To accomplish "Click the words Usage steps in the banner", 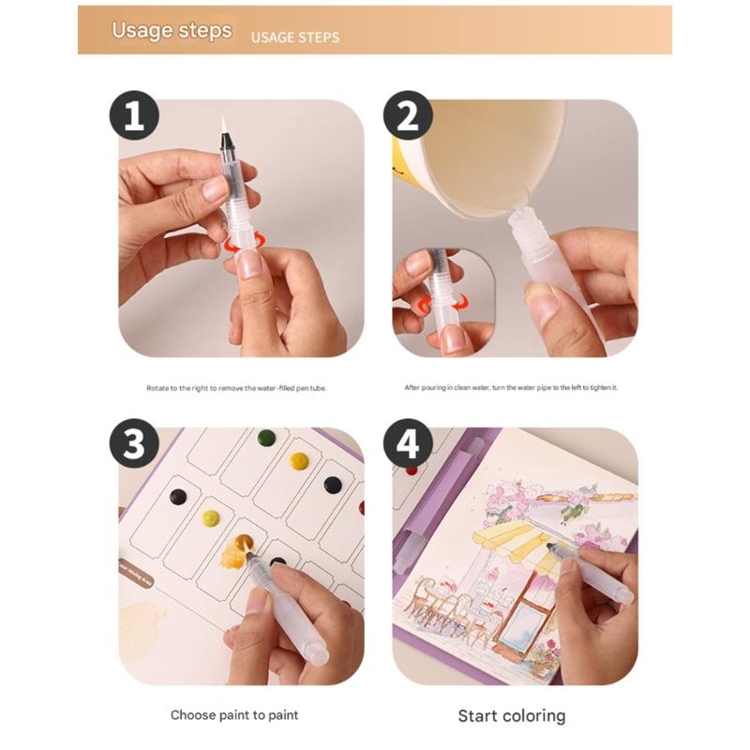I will pos(172,30).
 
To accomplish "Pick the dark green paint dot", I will pos(266,438).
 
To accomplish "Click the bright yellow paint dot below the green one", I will pos(299,460).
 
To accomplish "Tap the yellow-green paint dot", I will pos(211,517).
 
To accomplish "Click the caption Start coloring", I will pos(511,716).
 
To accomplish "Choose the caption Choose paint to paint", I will pos(234,715).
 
